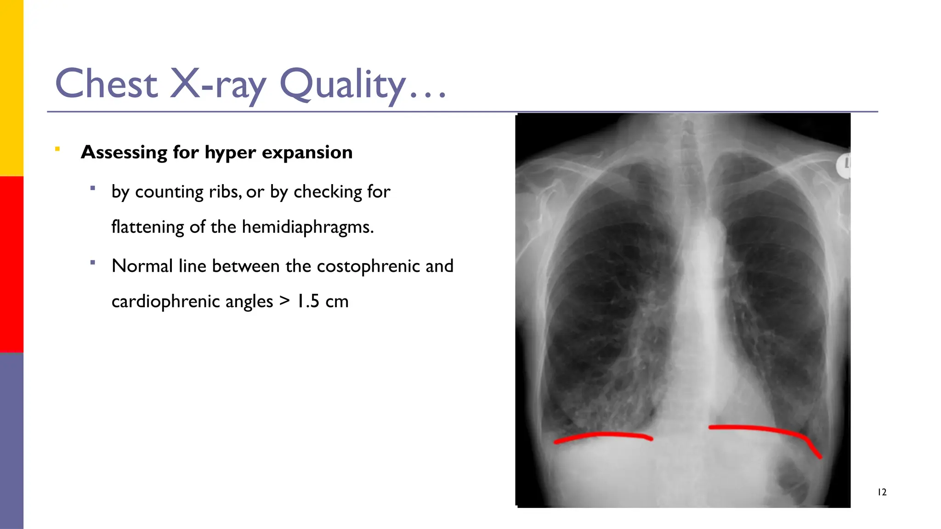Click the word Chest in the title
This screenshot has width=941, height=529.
click(106, 84)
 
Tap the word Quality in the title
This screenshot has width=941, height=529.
click(342, 84)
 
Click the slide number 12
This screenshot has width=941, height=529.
click(882, 492)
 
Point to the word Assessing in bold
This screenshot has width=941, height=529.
click(124, 152)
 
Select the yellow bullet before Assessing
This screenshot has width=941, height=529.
click(57, 149)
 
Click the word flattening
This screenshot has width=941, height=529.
click(147, 227)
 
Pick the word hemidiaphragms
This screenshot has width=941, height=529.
click(307, 227)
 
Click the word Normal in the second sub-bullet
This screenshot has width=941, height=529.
click(142, 266)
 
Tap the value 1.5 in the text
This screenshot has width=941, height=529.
click(308, 301)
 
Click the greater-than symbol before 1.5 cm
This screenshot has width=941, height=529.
click(285, 301)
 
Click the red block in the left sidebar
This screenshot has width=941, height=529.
click(11, 264)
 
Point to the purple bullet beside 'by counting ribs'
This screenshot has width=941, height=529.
click(93, 188)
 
